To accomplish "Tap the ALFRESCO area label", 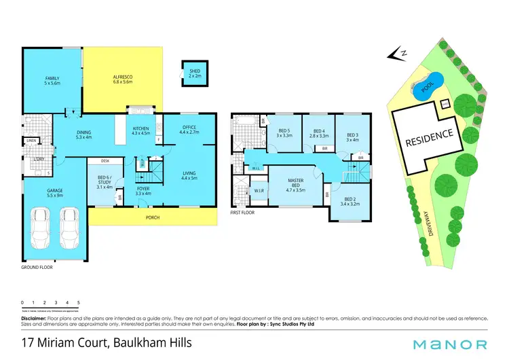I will [x=122, y=79].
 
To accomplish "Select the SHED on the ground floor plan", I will [x=195, y=73].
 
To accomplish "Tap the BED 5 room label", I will [x=284, y=132].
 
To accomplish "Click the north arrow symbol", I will [x=395, y=53].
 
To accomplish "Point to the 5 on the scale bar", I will [x=79, y=302].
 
